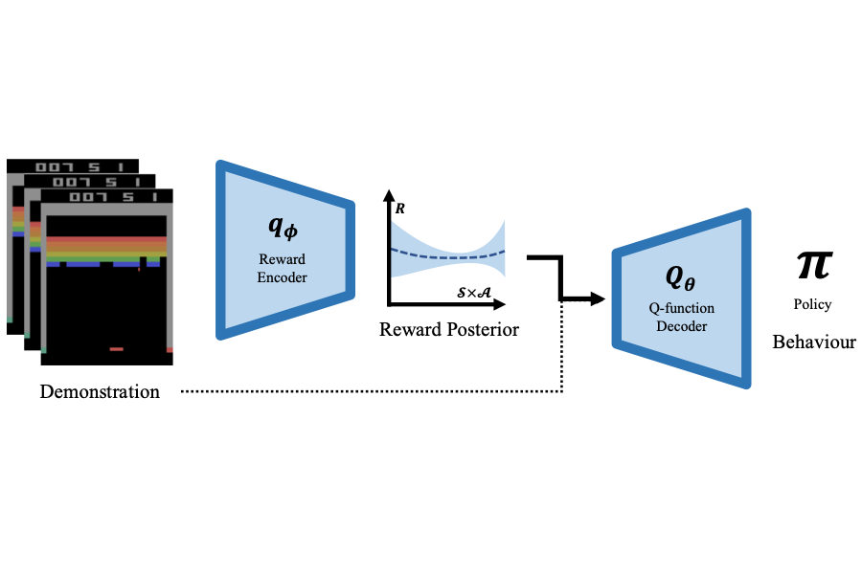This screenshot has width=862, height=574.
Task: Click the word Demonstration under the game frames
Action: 100,391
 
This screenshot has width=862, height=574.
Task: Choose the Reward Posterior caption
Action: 448,331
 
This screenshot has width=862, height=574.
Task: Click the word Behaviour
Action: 814,342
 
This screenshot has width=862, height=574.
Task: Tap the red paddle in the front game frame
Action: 116,349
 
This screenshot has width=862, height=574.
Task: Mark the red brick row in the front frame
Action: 106,238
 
